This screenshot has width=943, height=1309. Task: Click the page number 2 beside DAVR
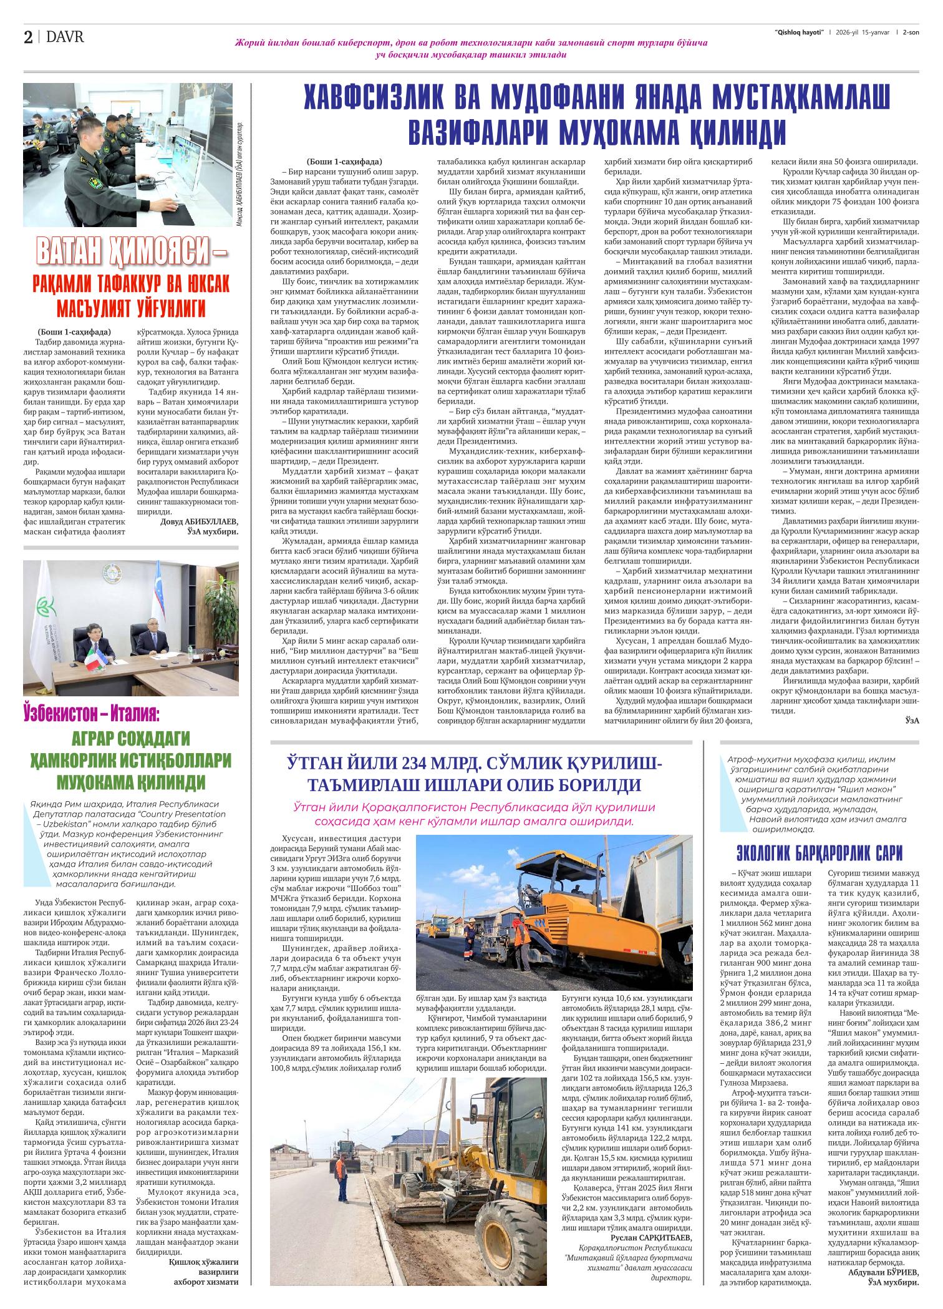point(28,37)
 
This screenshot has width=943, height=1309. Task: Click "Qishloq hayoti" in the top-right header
point(799,32)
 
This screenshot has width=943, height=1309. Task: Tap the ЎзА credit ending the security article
point(912,720)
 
